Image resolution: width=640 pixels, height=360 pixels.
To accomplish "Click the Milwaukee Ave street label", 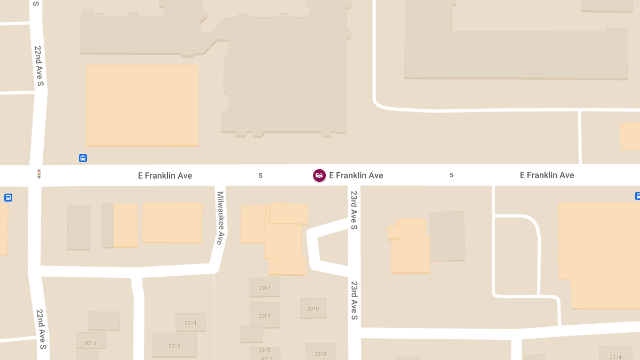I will point(219,218).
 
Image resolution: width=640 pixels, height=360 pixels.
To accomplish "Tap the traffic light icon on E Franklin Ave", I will point(38,174).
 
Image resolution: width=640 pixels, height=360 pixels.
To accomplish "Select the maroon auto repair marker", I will point(319,175).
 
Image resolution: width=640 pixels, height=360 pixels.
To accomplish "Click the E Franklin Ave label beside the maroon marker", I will point(356,175).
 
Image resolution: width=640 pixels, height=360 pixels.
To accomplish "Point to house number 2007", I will point(265,288).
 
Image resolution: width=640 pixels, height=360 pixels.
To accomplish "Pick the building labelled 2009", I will point(265,316).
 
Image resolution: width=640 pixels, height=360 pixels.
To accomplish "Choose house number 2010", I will point(313,309).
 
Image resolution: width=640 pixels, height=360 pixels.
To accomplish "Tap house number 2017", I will point(266,358).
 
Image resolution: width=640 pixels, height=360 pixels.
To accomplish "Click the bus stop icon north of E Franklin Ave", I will point(83,158).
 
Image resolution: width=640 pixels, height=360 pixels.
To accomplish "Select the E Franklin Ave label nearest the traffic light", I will point(165,176).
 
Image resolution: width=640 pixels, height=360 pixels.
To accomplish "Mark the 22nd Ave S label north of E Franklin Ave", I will point(39,66).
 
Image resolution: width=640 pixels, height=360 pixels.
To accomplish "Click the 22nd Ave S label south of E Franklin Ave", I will point(41,329).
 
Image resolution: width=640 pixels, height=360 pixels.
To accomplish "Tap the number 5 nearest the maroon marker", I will point(260,175).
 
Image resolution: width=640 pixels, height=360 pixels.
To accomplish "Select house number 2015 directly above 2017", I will point(265,350).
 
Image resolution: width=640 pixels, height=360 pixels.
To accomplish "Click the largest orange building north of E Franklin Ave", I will point(142,105).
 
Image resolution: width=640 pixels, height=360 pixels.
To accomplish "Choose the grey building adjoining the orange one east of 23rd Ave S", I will point(447,236).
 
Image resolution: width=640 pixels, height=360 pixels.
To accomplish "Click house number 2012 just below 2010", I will point(321,354).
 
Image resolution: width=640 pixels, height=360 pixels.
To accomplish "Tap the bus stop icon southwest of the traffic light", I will point(8,197).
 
